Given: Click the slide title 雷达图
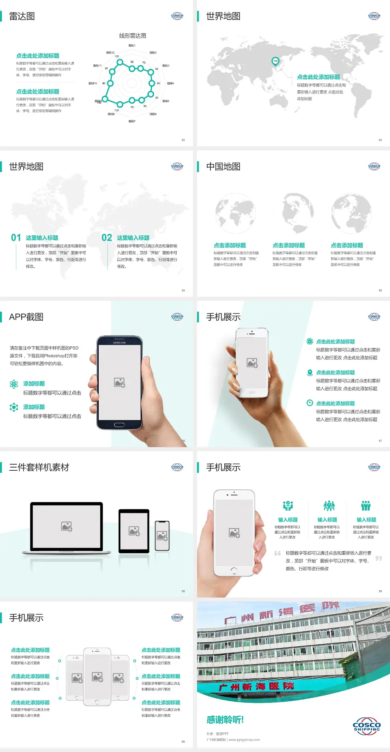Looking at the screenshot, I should coord(22,16).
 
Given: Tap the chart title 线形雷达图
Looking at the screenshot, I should coord(132,36).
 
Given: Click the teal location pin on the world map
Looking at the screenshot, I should coord(275,61).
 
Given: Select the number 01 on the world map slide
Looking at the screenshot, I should coord(16,238).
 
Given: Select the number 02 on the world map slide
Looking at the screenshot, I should coord(107,238).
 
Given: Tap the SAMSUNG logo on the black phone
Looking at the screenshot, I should coord(119,343).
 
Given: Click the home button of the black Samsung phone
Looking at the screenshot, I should coord(119,425).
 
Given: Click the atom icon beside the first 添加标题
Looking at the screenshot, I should coord(14,384).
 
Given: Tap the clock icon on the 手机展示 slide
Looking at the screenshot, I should coord(310,403).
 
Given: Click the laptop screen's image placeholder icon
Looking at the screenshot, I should coord(67,526).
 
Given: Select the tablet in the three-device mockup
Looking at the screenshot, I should coord(134,530).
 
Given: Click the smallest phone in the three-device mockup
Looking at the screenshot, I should coord(162,536).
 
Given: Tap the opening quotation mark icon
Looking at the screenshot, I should coord(277,553).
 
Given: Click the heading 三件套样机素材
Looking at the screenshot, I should coord(39,467).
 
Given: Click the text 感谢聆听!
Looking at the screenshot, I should coord(225,720).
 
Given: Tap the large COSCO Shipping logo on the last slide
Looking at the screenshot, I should coord(366,726).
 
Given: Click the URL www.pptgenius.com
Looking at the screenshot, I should coord(244,740).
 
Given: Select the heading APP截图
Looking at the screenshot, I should coord(26,317).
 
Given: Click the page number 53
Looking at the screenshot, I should coord(380,140).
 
